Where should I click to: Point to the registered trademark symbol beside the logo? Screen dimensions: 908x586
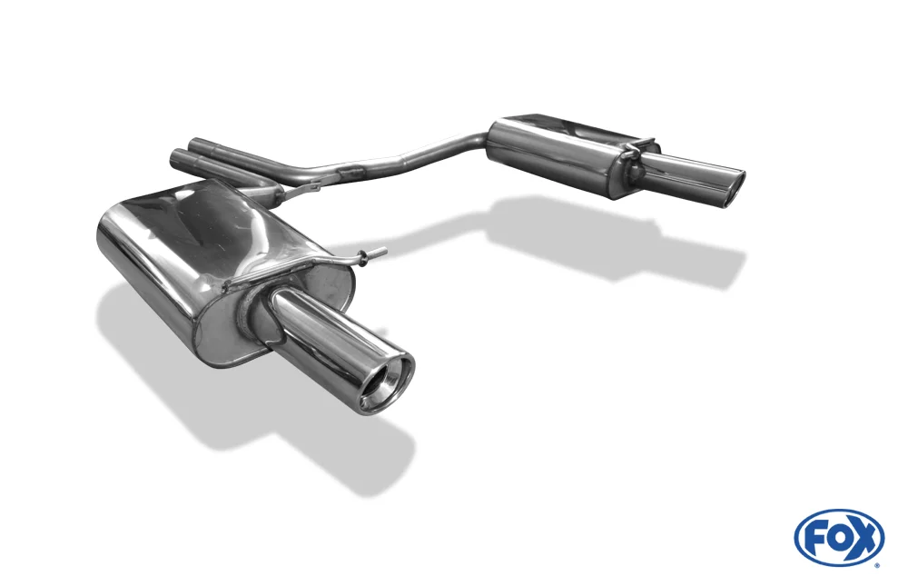(881, 564)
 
